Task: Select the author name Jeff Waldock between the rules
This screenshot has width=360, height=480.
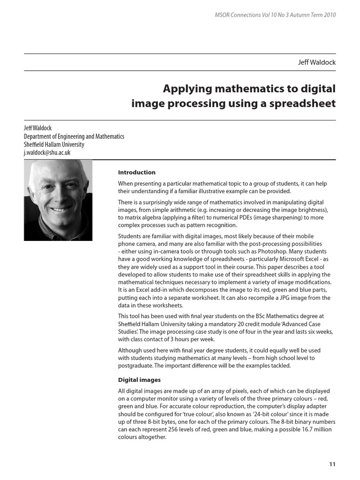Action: tap(317, 62)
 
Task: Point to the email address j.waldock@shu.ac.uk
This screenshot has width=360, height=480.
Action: tap(47, 152)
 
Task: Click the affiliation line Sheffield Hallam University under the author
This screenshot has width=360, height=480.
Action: tap(54, 144)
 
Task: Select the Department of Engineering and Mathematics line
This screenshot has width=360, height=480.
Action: tap(74, 136)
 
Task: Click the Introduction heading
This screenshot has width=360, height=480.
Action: tap(136, 172)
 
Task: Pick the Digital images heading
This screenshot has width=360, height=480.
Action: tap(139, 380)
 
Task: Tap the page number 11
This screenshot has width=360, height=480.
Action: tap(332, 464)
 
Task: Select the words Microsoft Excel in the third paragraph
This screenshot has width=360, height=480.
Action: tap(290, 259)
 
